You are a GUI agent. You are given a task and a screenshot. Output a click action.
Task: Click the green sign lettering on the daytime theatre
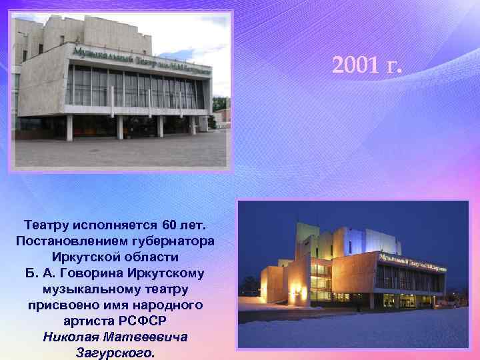140,59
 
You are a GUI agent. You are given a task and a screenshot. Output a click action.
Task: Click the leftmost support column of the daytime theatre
69,127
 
